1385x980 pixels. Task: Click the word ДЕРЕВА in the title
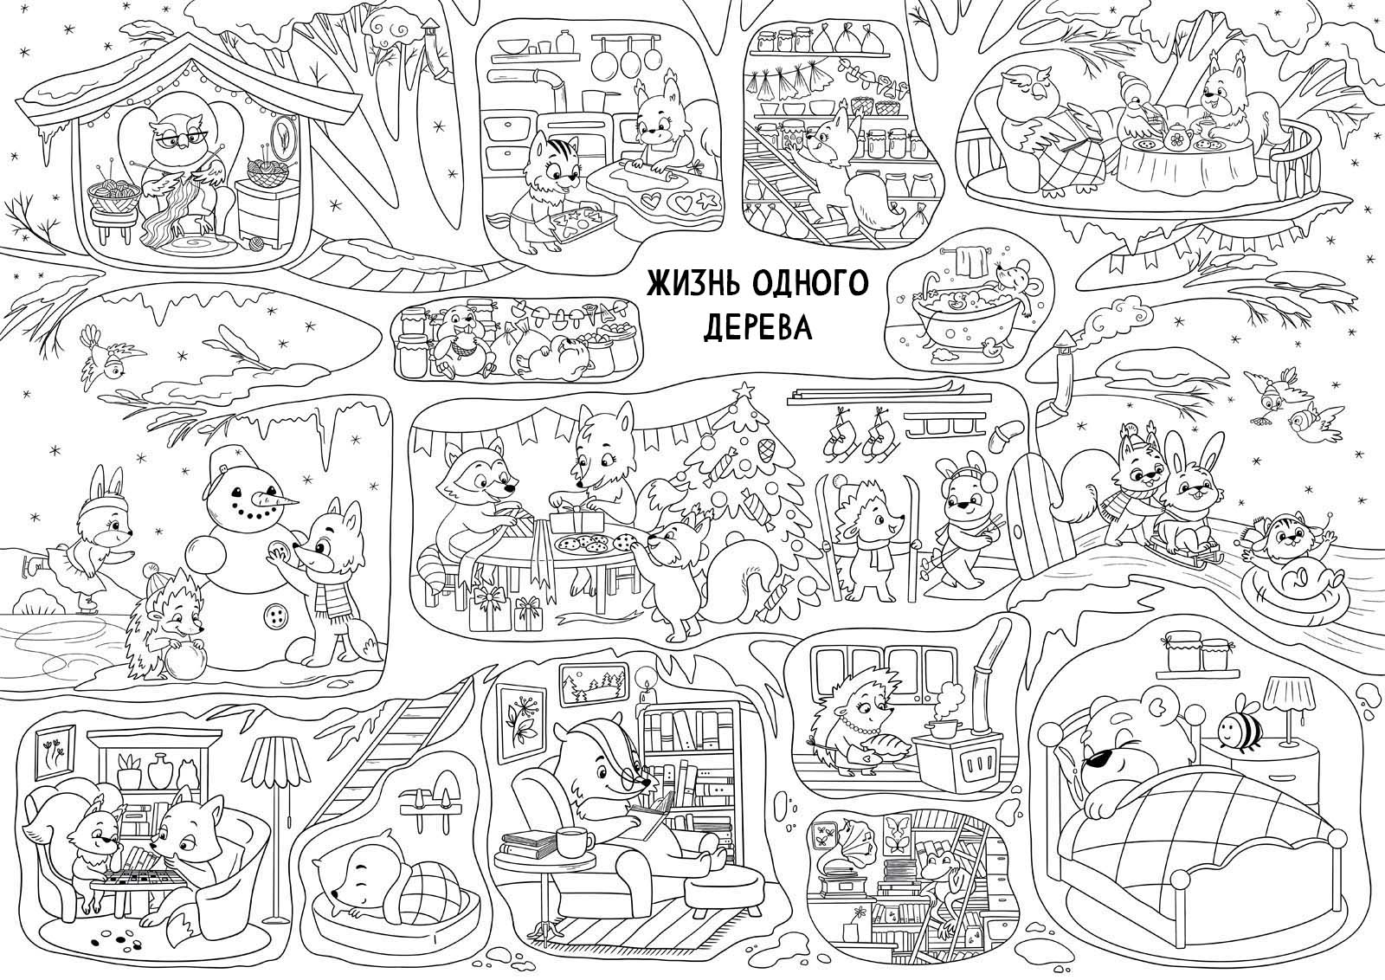pos(757,328)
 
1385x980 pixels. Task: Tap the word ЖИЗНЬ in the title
pos(692,285)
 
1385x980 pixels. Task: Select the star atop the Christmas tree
pos(744,390)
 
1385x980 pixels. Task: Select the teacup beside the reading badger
pos(573,841)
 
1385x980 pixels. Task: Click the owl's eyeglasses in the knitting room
pos(174,141)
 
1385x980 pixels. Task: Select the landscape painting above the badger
pos(593,684)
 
